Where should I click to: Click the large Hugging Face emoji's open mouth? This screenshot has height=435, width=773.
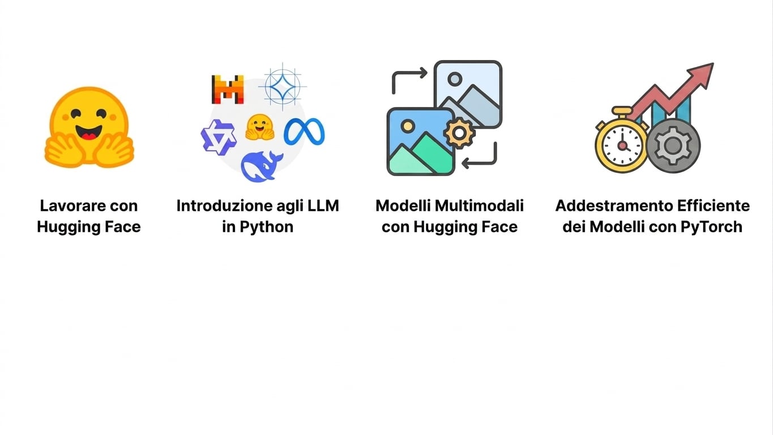click(x=89, y=132)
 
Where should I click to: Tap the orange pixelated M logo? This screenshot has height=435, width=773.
click(x=228, y=89)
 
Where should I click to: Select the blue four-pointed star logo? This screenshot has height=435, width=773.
click(x=283, y=86)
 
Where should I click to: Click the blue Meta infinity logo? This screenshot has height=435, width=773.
click(x=304, y=131)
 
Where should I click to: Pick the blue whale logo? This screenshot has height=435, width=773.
click(x=262, y=167)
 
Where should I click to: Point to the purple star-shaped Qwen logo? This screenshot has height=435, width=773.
click(x=219, y=137)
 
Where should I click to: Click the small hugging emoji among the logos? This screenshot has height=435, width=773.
click(x=260, y=127)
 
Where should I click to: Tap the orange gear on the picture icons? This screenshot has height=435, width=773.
click(x=459, y=133)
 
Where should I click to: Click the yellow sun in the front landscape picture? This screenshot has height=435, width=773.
click(x=408, y=126)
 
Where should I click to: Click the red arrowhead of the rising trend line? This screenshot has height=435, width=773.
click(x=702, y=74)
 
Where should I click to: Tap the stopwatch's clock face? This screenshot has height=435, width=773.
click(x=622, y=146)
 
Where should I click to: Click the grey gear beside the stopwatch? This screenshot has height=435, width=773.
click(x=673, y=146)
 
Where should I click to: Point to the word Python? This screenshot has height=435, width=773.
click(x=266, y=227)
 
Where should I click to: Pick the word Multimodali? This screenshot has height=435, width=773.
click(x=479, y=206)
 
